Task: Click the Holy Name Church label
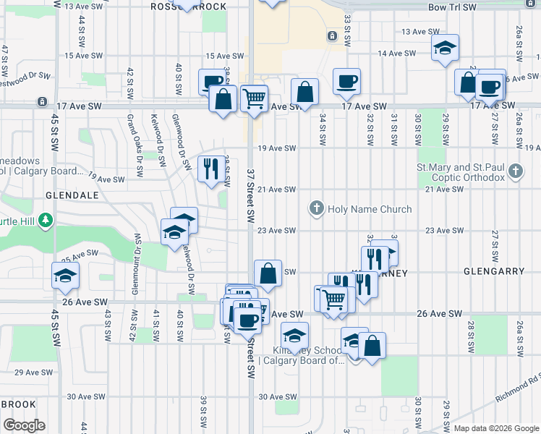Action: click(x=370, y=209)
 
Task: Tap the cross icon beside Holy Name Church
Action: click(x=316, y=209)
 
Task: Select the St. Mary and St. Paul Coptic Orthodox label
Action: click(x=460, y=172)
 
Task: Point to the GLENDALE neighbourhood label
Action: click(x=71, y=195)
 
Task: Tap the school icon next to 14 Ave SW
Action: click(x=445, y=49)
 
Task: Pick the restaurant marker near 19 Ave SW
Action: click(x=210, y=169)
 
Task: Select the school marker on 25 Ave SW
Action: click(x=65, y=276)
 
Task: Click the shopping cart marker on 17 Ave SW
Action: click(x=254, y=98)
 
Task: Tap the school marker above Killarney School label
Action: click(x=295, y=336)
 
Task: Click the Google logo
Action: click(x=24, y=425)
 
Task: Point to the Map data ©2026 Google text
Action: click(x=496, y=428)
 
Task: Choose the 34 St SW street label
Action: click(x=323, y=125)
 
